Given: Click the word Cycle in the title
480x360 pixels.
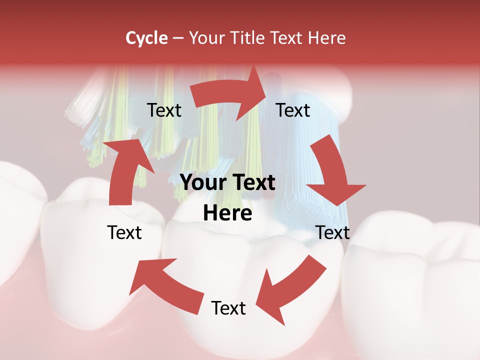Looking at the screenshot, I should point(146,38).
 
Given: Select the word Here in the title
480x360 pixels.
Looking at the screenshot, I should point(326,38).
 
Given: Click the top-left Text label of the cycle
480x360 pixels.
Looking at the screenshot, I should point(164,110).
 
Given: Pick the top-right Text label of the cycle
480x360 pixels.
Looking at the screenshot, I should point(293,110).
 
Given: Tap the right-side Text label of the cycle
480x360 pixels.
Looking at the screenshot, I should point(332,232).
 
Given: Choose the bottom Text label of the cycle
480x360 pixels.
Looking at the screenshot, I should point(228,308).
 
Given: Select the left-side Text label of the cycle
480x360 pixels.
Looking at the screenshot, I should point(124,232).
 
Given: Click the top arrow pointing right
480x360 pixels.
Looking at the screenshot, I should point(230,95).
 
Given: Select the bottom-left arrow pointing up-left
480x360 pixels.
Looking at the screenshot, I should point(165,285).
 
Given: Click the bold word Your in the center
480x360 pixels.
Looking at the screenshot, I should point(200,183).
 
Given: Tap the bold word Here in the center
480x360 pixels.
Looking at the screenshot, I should point(227,213).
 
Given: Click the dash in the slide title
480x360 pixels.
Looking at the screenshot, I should point(177,38).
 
